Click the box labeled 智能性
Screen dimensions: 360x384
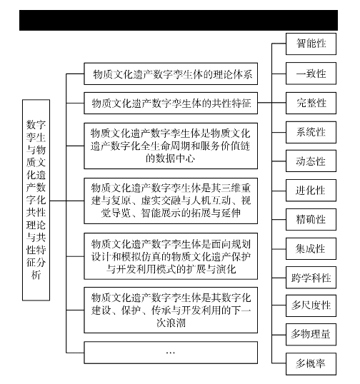(x=311, y=44)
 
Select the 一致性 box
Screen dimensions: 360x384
(x=311, y=74)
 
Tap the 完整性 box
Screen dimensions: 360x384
(x=311, y=103)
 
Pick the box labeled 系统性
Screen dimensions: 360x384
(x=311, y=132)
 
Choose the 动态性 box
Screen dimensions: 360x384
(x=311, y=161)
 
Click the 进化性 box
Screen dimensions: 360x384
(x=311, y=191)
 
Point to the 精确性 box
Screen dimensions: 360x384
(x=311, y=219)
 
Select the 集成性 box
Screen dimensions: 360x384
(x=311, y=249)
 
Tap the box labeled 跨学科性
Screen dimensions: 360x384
(x=311, y=278)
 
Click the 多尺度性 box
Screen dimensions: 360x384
(x=311, y=305)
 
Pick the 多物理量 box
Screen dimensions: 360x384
(x=311, y=335)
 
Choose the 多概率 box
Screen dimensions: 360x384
(x=311, y=364)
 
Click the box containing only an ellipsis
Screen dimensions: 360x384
(x=171, y=353)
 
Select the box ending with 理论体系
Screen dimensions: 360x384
(x=171, y=74)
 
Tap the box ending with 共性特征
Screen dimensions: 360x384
(x=171, y=103)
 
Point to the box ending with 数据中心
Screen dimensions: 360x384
(x=171, y=146)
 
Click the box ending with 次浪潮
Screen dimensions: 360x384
(x=171, y=310)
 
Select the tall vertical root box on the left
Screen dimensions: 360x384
(x=36, y=200)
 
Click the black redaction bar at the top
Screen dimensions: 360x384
(x=179, y=20)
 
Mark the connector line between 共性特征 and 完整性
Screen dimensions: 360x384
(x=271, y=103)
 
